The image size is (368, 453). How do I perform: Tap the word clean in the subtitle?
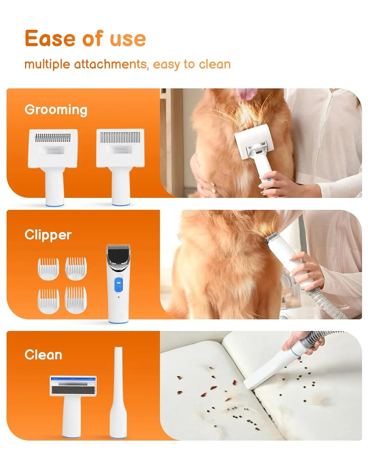pyautogui.click(x=215, y=64)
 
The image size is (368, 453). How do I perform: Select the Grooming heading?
pyautogui.click(x=56, y=110)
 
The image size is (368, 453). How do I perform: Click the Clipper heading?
pyautogui.click(x=48, y=235)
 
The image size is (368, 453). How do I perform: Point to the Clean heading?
pyautogui.click(x=43, y=355)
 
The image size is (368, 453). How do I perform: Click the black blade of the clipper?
pyautogui.click(x=118, y=252)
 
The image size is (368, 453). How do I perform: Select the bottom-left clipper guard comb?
pyautogui.click(x=48, y=300)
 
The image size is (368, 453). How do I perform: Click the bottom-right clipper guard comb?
pyautogui.click(x=76, y=300)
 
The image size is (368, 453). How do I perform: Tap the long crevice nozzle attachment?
pyautogui.click(x=117, y=393)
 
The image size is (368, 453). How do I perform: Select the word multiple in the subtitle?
pyautogui.click(x=47, y=64)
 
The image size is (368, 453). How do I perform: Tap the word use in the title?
pyautogui.click(x=128, y=39)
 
